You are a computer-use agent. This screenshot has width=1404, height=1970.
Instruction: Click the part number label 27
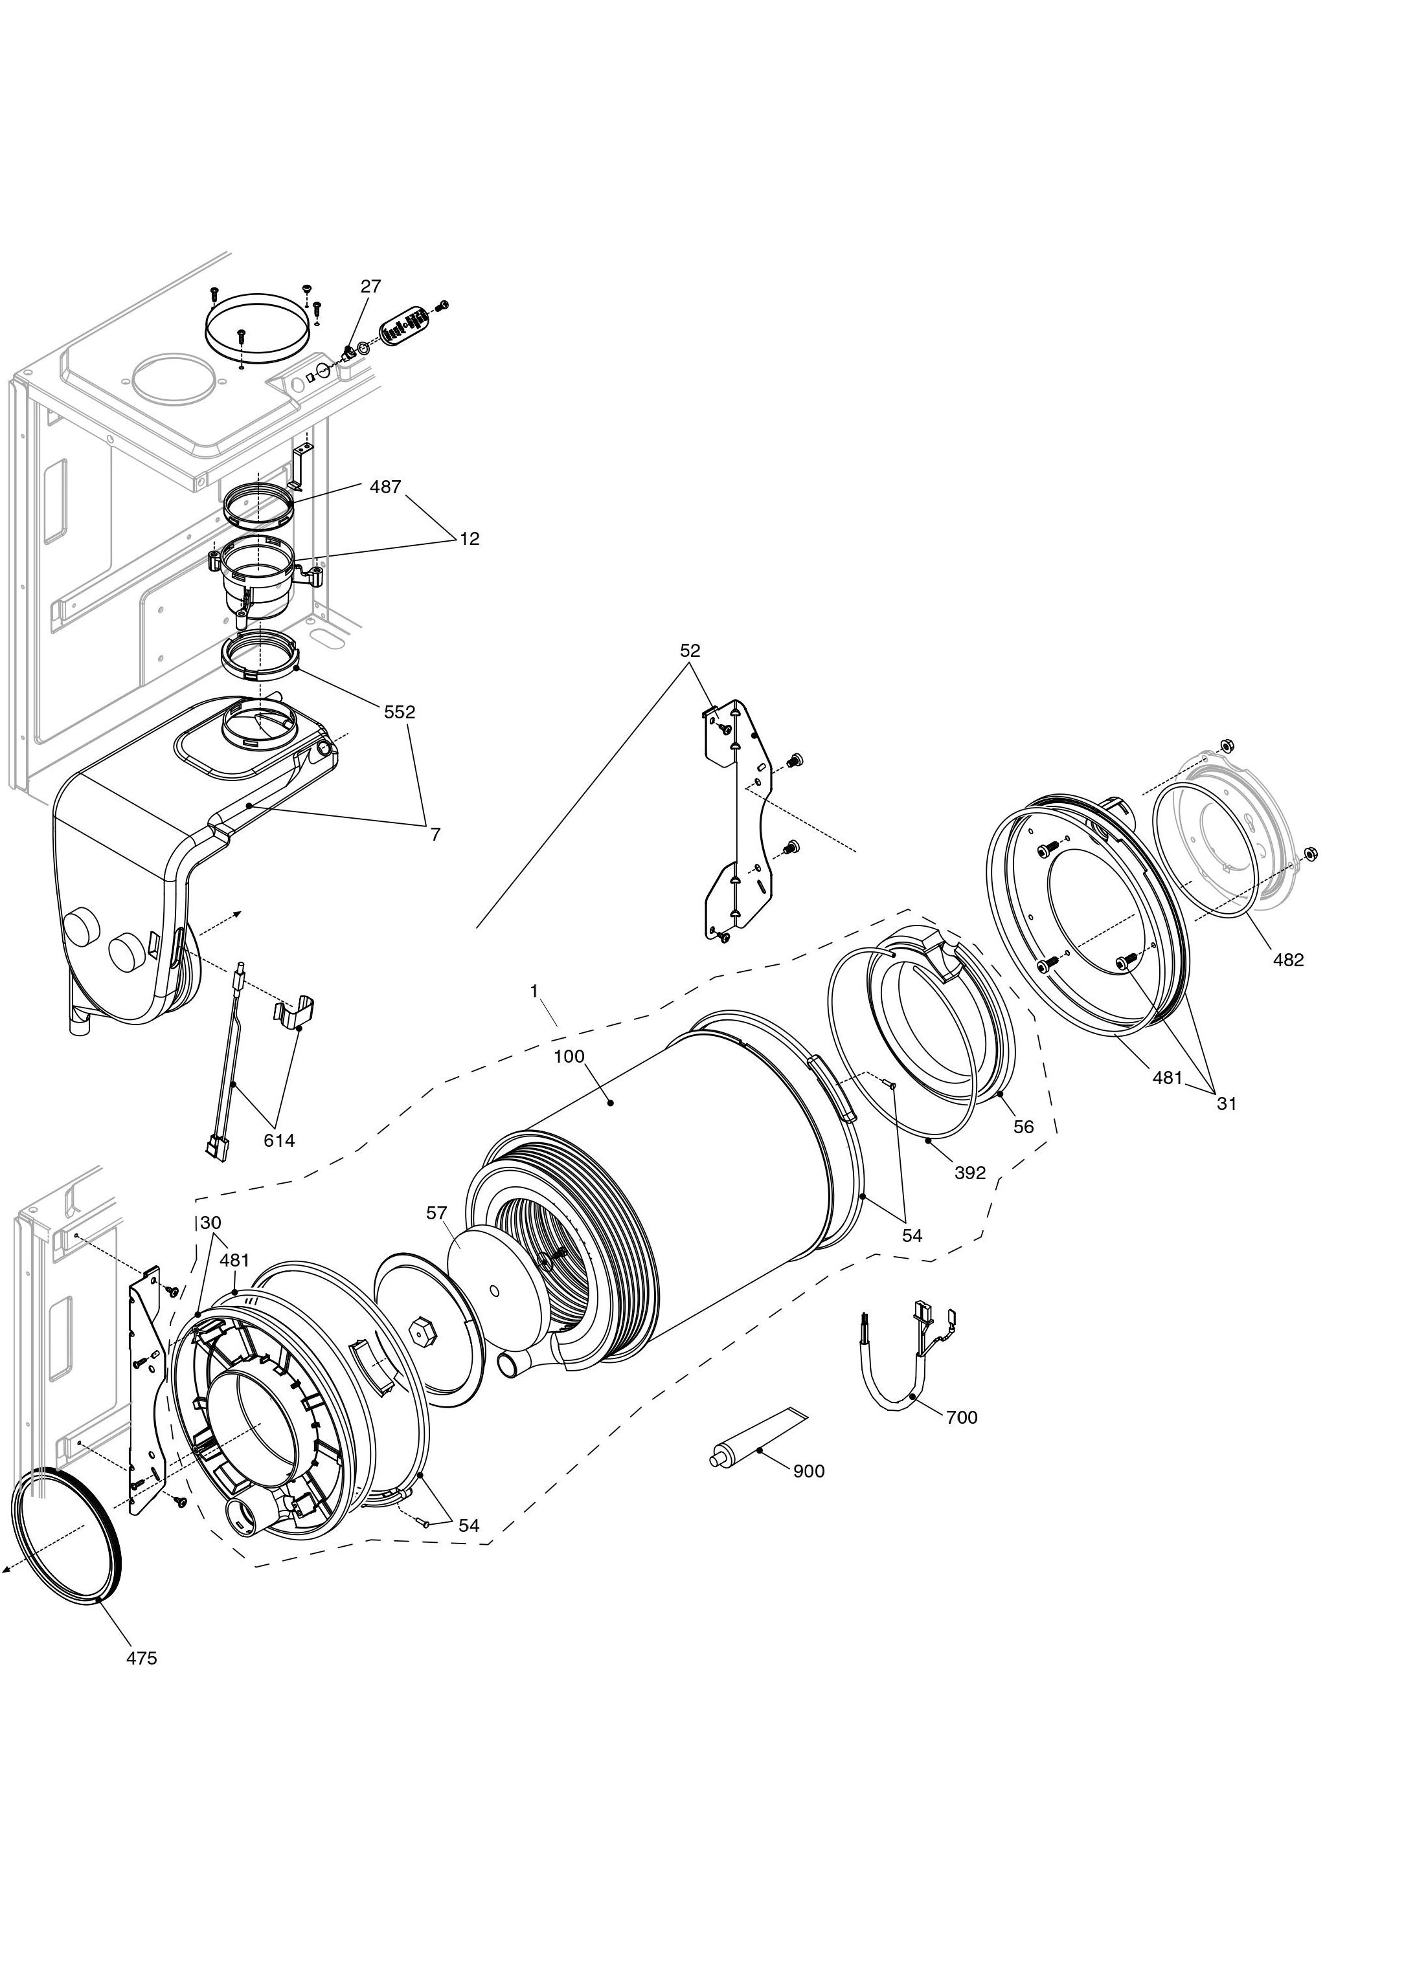371,286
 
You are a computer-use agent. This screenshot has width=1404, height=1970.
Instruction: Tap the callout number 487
385,487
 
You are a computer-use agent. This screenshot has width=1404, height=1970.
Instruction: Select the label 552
400,712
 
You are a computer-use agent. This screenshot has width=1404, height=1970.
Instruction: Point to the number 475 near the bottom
142,1658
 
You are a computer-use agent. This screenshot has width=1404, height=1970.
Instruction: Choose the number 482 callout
1288,959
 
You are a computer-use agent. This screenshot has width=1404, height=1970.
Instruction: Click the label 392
970,1173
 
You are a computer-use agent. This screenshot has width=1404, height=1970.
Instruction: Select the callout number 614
279,1140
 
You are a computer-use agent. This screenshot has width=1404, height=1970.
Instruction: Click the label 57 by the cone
436,1213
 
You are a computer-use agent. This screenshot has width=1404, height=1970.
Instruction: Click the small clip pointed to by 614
295,1012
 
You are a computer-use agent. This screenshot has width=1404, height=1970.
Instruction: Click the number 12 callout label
469,538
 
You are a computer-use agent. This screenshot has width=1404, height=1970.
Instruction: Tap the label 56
1024,1127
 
